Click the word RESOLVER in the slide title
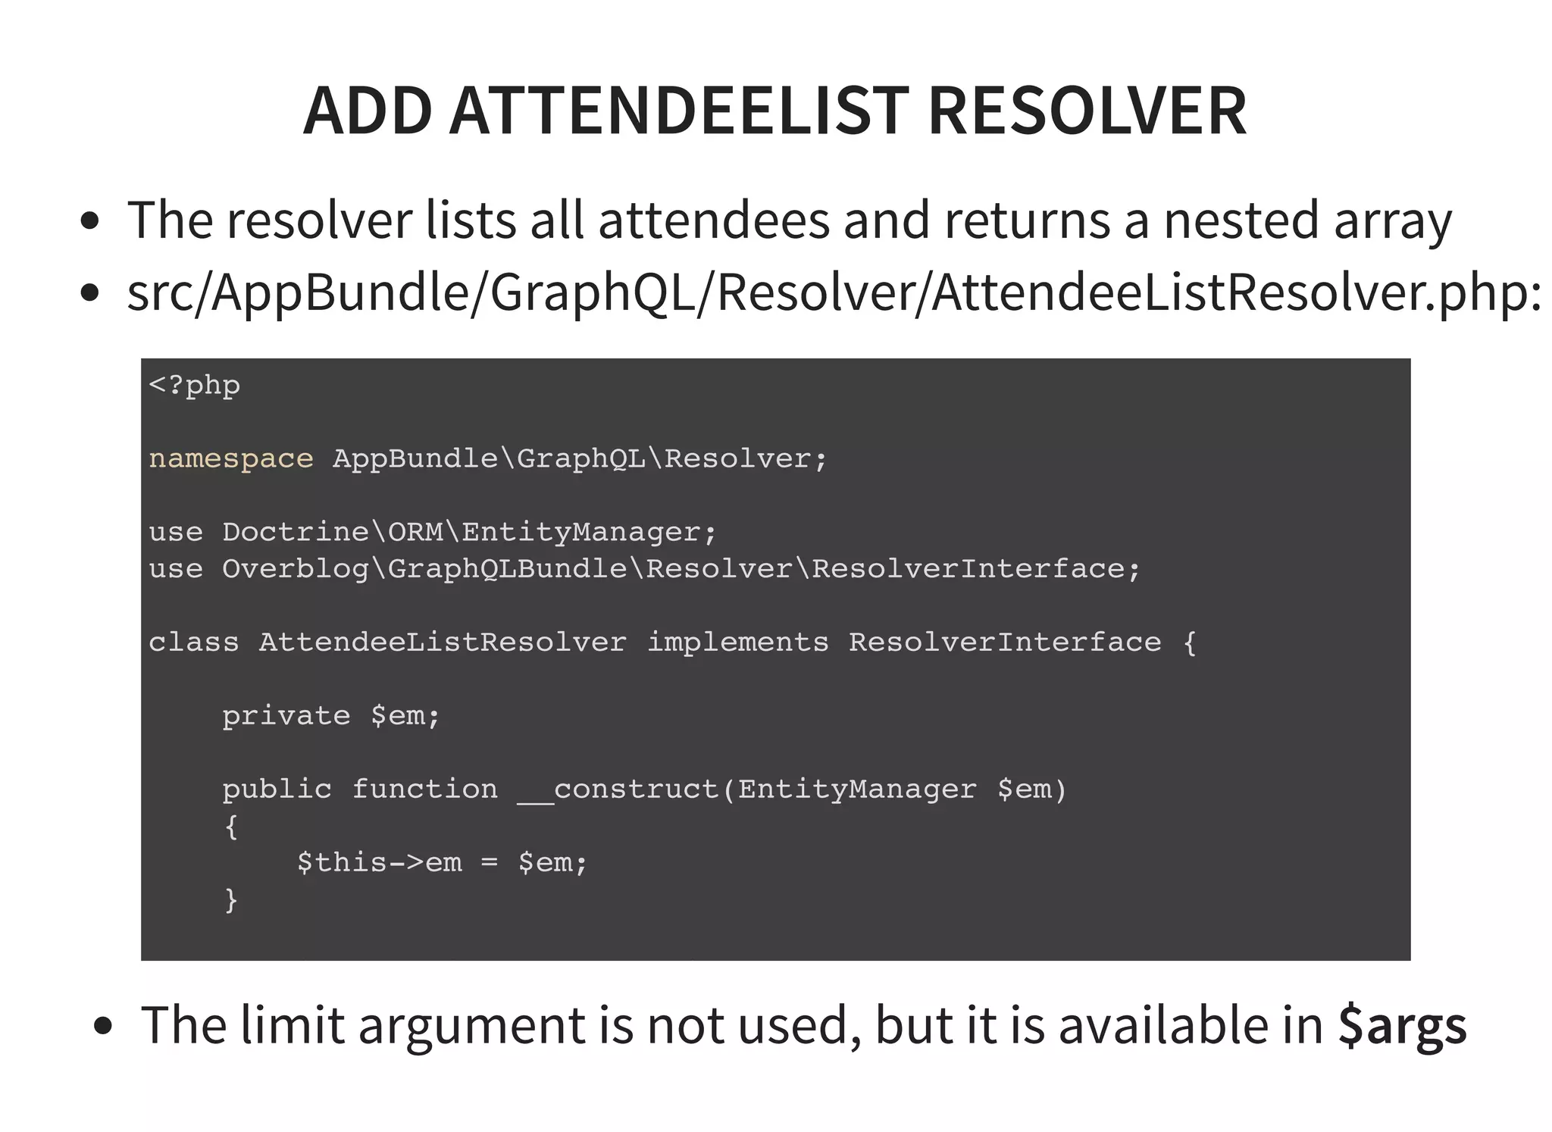[1087, 111]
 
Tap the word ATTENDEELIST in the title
[679, 111]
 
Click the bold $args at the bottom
[1402, 1026]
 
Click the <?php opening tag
[195, 386]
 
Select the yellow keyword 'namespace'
[230, 459]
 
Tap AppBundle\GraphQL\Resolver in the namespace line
[572, 459]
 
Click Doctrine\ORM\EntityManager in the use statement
[462, 533]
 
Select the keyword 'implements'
[737, 643]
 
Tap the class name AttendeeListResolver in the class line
[443, 643]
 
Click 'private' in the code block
[286, 716]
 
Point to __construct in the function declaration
[618, 790]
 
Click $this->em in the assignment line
[379, 863]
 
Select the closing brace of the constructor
[231, 900]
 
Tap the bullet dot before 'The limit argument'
[102, 1027]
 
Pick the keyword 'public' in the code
[277, 790]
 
